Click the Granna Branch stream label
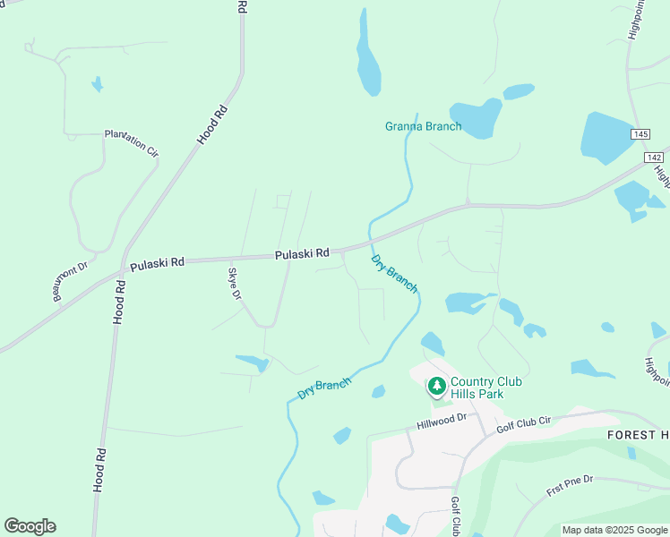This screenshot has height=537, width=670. click(423, 126)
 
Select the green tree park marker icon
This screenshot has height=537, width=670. click(436, 387)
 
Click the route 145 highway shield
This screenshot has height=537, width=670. click(640, 133)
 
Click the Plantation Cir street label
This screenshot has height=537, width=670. click(131, 142)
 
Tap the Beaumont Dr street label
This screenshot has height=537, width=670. click(69, 281)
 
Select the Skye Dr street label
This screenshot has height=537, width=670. click(235, 283)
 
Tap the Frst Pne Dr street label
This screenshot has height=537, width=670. click(570, 486)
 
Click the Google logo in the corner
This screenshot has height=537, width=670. click(30, 526)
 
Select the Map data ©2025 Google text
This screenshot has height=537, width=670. click(614, 530)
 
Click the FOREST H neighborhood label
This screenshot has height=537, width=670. click(638, 435)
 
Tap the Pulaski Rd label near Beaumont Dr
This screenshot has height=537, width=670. click(157, 263)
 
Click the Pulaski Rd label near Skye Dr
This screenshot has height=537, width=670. click(303, 254)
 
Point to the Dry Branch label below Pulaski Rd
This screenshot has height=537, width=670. click(394, 273)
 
